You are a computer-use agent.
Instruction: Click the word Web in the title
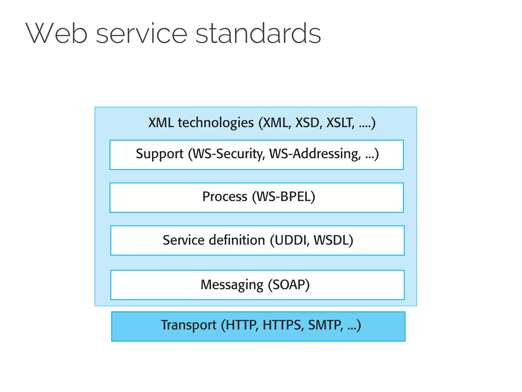[57, 33]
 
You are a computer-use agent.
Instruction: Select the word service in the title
[142, 33]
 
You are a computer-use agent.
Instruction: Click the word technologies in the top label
[216, 123]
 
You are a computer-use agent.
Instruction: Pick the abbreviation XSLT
[340, 123]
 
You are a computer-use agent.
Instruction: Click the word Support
[160, 154]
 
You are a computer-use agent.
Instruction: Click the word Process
[225, 197]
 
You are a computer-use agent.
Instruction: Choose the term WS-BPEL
[284, 197]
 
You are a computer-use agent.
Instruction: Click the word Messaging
[232, 285]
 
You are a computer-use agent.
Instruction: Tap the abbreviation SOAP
[289, 285]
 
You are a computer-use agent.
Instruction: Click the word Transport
[189, 325]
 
